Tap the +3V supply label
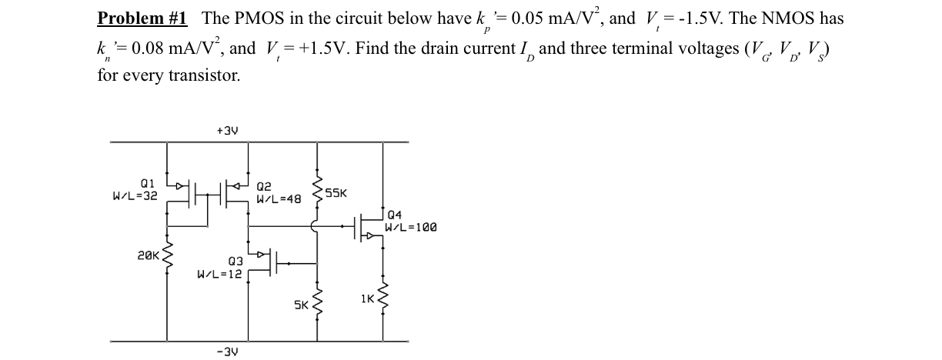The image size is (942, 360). [x=227, y=131]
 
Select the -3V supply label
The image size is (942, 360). [x=227, y=352]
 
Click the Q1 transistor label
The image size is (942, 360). [x=148, y=185]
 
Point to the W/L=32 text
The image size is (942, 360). [x=135, y=195]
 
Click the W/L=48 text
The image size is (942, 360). [x=279, y=198]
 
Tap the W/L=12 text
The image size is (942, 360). [x=220, y=272]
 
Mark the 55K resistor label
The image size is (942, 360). [x=336, y=193]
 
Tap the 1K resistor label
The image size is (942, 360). [x=368, y=297]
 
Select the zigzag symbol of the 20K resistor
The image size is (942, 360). [x=165, y=253]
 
